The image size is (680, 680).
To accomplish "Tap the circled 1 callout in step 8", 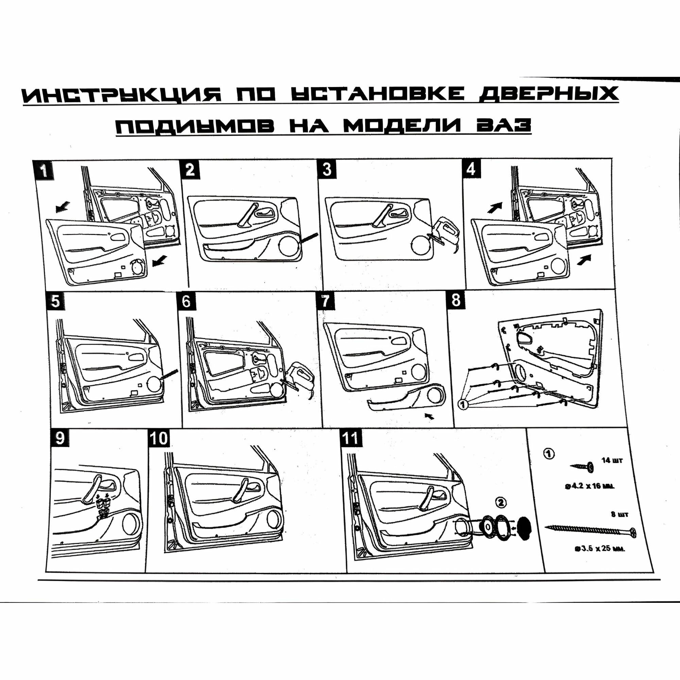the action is click(463, 405).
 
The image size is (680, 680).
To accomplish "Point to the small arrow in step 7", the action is click(430, 417).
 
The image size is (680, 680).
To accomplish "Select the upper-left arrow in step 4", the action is click(494, 207).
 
